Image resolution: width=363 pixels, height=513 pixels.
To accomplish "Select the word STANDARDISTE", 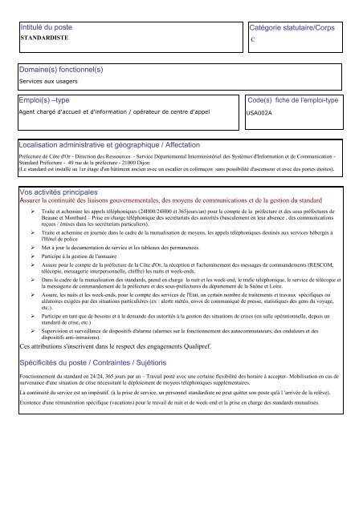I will tap(42, 38).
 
